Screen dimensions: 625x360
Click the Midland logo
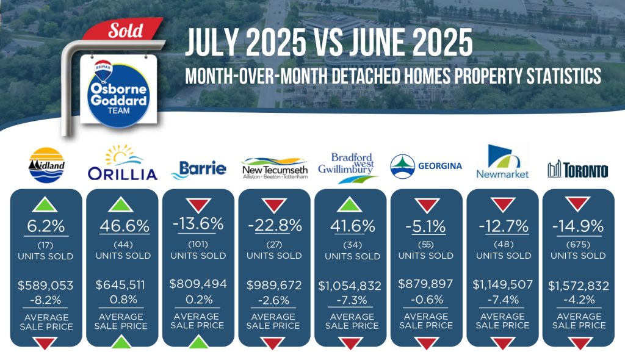click(x=46, y=165)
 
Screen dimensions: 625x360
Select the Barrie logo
click(x=198, y=170)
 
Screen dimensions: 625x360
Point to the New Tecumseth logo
click(x=275, y=168)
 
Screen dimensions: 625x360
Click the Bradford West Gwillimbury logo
click(x=349, y=168)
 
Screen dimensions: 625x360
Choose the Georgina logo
click(x=426, y=166)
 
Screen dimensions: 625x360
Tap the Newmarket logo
click(x=502, y=162)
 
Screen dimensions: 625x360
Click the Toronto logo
click(x=578, y=170)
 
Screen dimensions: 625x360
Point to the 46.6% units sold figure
click(x=125, y=226)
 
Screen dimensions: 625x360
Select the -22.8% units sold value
click(x=275, y=226)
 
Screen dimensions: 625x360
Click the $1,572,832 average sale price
click(x=579, y=286)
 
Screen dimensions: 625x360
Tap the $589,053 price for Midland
click(x=45, y=286)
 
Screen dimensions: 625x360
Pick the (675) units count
click(x=578, y=245)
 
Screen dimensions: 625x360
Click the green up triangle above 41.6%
click(x=349, y=204)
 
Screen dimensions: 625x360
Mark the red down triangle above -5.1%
click(x=427, y=204)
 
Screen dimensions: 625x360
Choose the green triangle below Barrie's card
click(x=198, y=342)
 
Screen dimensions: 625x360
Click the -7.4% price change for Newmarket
click(x=504, y=300)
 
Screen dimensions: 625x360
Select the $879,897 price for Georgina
click(x=425, y=284)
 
